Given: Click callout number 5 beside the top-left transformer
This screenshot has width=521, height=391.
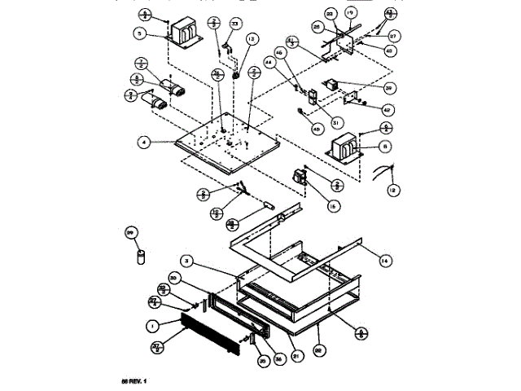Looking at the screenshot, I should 141,34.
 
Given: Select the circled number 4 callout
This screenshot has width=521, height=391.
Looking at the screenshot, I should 144,142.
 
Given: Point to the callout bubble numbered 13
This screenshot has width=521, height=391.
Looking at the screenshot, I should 252,39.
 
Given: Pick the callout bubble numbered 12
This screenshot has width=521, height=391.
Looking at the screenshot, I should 394,190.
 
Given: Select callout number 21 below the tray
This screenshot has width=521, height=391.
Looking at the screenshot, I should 294,356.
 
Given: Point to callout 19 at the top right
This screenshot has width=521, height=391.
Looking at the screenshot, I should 350,14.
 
